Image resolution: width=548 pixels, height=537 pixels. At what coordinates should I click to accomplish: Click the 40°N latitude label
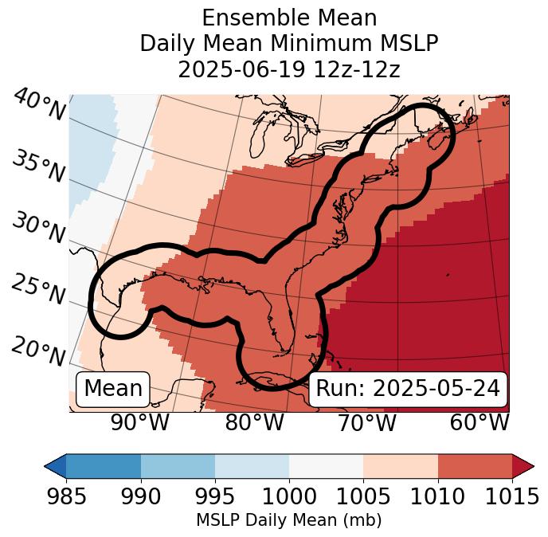tap(39, 105)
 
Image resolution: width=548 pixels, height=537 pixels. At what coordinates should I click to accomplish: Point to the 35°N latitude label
tap(39, 167)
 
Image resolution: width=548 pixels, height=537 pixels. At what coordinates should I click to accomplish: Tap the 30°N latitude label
tap(39, 229)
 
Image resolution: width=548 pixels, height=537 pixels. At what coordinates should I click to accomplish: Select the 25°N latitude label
tap(39, 290)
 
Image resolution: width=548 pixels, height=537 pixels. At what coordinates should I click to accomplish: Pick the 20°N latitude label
tap(39, 351)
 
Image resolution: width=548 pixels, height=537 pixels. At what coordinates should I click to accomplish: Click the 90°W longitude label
tap(139, 423)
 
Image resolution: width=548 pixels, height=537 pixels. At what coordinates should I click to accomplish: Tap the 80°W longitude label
tap(254, 423)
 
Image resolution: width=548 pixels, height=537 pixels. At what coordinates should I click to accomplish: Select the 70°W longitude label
tap(366, 423)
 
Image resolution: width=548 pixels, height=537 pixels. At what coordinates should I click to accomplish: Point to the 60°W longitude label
tap(479, 423)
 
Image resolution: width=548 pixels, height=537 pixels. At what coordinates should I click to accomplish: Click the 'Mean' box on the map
tap(113, 389)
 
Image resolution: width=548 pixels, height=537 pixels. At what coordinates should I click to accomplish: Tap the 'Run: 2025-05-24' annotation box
tap(408, 389)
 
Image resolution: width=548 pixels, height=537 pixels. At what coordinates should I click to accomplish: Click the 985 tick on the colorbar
tap(66, 496)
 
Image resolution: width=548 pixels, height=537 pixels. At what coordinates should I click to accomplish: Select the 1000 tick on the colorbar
tap(289, 496)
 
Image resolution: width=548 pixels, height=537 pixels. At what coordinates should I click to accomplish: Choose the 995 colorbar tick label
tap(214, 496)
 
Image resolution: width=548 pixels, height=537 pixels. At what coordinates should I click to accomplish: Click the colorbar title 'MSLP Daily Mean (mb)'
tap(288, 521)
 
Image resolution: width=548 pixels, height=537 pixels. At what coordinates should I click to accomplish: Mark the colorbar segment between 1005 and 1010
tap(400, 465)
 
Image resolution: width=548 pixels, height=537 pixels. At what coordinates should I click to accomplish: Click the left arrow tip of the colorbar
tap(47, 465)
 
